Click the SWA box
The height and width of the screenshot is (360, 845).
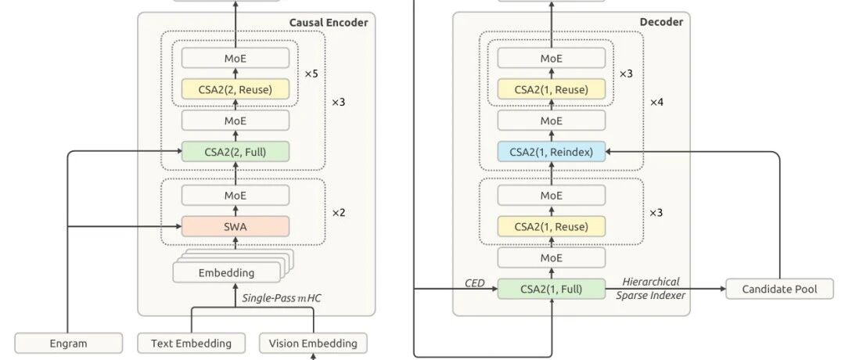pos(235,226)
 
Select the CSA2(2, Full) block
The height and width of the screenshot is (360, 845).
pos(235,152)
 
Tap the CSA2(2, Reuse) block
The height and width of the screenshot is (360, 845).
pos(235,89)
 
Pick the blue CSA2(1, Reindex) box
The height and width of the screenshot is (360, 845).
pos(552,152)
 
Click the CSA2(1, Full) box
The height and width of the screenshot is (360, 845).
pos(552,289)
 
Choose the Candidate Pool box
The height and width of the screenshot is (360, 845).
pos(779,289)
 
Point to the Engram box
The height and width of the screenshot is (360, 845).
pos(68,344)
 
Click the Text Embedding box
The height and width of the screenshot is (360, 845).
pos(192,344)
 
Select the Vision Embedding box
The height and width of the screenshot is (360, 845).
pos(313,344)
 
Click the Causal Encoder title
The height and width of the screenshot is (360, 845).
pos(329,22)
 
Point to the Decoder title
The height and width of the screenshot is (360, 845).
pos(661,22)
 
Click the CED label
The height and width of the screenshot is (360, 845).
pos(475,283)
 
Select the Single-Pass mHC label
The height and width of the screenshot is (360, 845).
pos(282,298)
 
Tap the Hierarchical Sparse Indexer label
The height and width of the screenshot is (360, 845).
pos(650,288)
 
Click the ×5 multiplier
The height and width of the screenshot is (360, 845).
pos(311,74)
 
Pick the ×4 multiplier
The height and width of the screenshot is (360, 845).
pos(656,102)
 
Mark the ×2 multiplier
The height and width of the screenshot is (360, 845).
pos(338,213)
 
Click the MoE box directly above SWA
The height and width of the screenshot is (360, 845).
pos(235,196)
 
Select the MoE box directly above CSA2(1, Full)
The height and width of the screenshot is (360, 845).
pos(552,257)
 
